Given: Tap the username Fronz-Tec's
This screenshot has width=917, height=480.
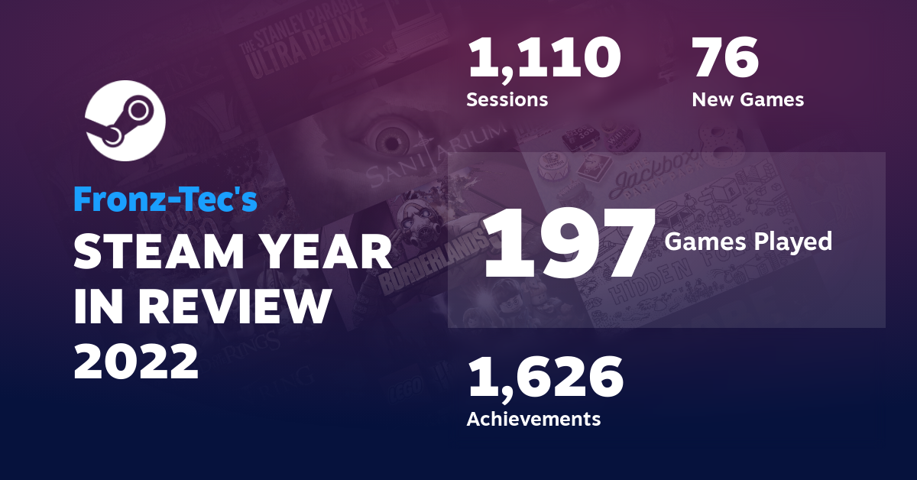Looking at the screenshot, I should coord(165,199).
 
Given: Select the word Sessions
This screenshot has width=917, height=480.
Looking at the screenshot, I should coord(507,99).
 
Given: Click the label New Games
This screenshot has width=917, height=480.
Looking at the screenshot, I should coord(747,99).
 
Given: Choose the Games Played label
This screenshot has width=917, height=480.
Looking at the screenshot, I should coord(748,242).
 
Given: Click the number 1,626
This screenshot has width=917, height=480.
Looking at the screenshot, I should coord(545,379).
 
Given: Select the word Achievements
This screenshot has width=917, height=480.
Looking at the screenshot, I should coord(533,419).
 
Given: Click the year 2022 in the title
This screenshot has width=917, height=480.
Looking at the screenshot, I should coord(136,362).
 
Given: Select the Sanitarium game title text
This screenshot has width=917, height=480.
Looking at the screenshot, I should coord(436,157).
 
